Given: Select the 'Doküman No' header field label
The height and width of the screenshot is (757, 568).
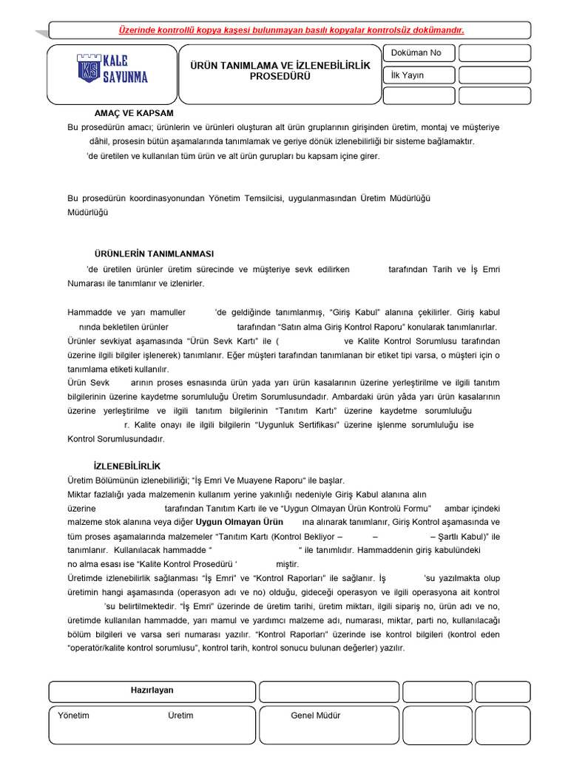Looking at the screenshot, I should coord(416,52).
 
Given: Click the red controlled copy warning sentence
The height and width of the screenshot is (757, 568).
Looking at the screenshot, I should coord(291,30).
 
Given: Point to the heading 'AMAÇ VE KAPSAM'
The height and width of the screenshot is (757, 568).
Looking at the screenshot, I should coord(134,113).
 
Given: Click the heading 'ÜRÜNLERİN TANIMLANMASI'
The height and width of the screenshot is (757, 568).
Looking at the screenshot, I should coord(155,253).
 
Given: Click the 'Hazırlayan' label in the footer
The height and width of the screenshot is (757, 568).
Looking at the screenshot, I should coord(152,690).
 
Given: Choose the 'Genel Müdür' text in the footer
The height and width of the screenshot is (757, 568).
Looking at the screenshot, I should coord(316,716).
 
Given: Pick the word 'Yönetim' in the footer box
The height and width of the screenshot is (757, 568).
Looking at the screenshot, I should coord(73,716).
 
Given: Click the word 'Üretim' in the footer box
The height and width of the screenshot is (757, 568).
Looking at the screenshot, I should coord(180,716).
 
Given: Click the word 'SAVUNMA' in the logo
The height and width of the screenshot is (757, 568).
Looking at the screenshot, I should coord(124,75).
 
